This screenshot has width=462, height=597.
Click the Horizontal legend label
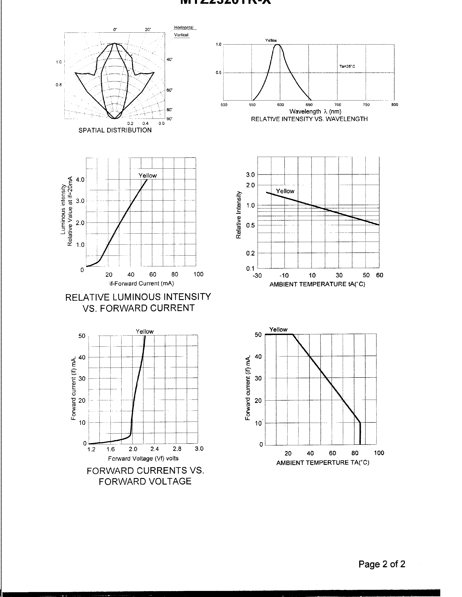pyautogui.click(x=184, y=28)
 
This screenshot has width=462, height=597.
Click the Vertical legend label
pyautogui.click(x=181, y=35)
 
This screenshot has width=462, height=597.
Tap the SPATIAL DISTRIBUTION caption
pyautogui.click(x=115, y=130)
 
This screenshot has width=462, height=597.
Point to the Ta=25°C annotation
pyautogui.click(x=347, y=66)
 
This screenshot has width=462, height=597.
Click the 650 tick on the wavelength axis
pyautogui.click(x=309, y=105)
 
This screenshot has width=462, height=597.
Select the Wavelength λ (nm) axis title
pyautogui.click(x=315, y=112)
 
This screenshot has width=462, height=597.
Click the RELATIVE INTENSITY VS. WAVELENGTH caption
pyautogui.click(x=309, y=119)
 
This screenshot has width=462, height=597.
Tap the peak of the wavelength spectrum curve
pyautogui.click(x=277, y=44)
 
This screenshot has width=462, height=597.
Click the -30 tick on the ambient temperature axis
pyautogui.click(x=257, y=275)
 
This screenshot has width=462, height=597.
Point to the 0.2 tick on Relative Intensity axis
pyautogui.click(x=250, y=253)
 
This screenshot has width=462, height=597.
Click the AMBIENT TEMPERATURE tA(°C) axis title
pyautogui.click(x=317, y=284)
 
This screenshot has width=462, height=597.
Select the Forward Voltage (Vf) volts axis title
pyautogui.click(x=143, y=458)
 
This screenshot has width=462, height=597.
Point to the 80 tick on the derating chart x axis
pyautogui.click(x=355, y=453)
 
